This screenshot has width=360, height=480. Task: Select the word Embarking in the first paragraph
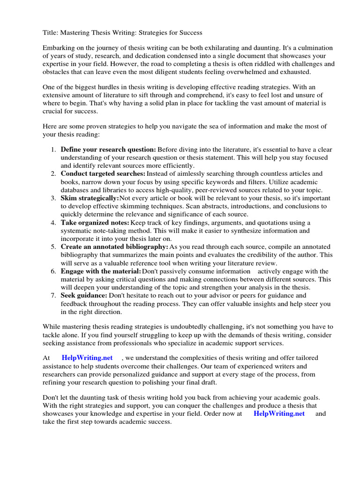point(59,48)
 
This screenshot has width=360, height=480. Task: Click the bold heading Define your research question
point(108,149)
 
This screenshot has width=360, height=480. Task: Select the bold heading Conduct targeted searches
point(103,173)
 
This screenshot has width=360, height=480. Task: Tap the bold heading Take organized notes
point(95,222)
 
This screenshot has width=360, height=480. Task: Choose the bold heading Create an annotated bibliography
point(114,247)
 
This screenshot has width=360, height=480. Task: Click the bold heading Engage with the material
point(101,271)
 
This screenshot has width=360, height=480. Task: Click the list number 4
point(53,222)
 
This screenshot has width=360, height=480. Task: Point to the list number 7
point(53,295)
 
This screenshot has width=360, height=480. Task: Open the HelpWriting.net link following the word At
point(87,358)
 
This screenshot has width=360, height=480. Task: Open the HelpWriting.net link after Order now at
point(279,413)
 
